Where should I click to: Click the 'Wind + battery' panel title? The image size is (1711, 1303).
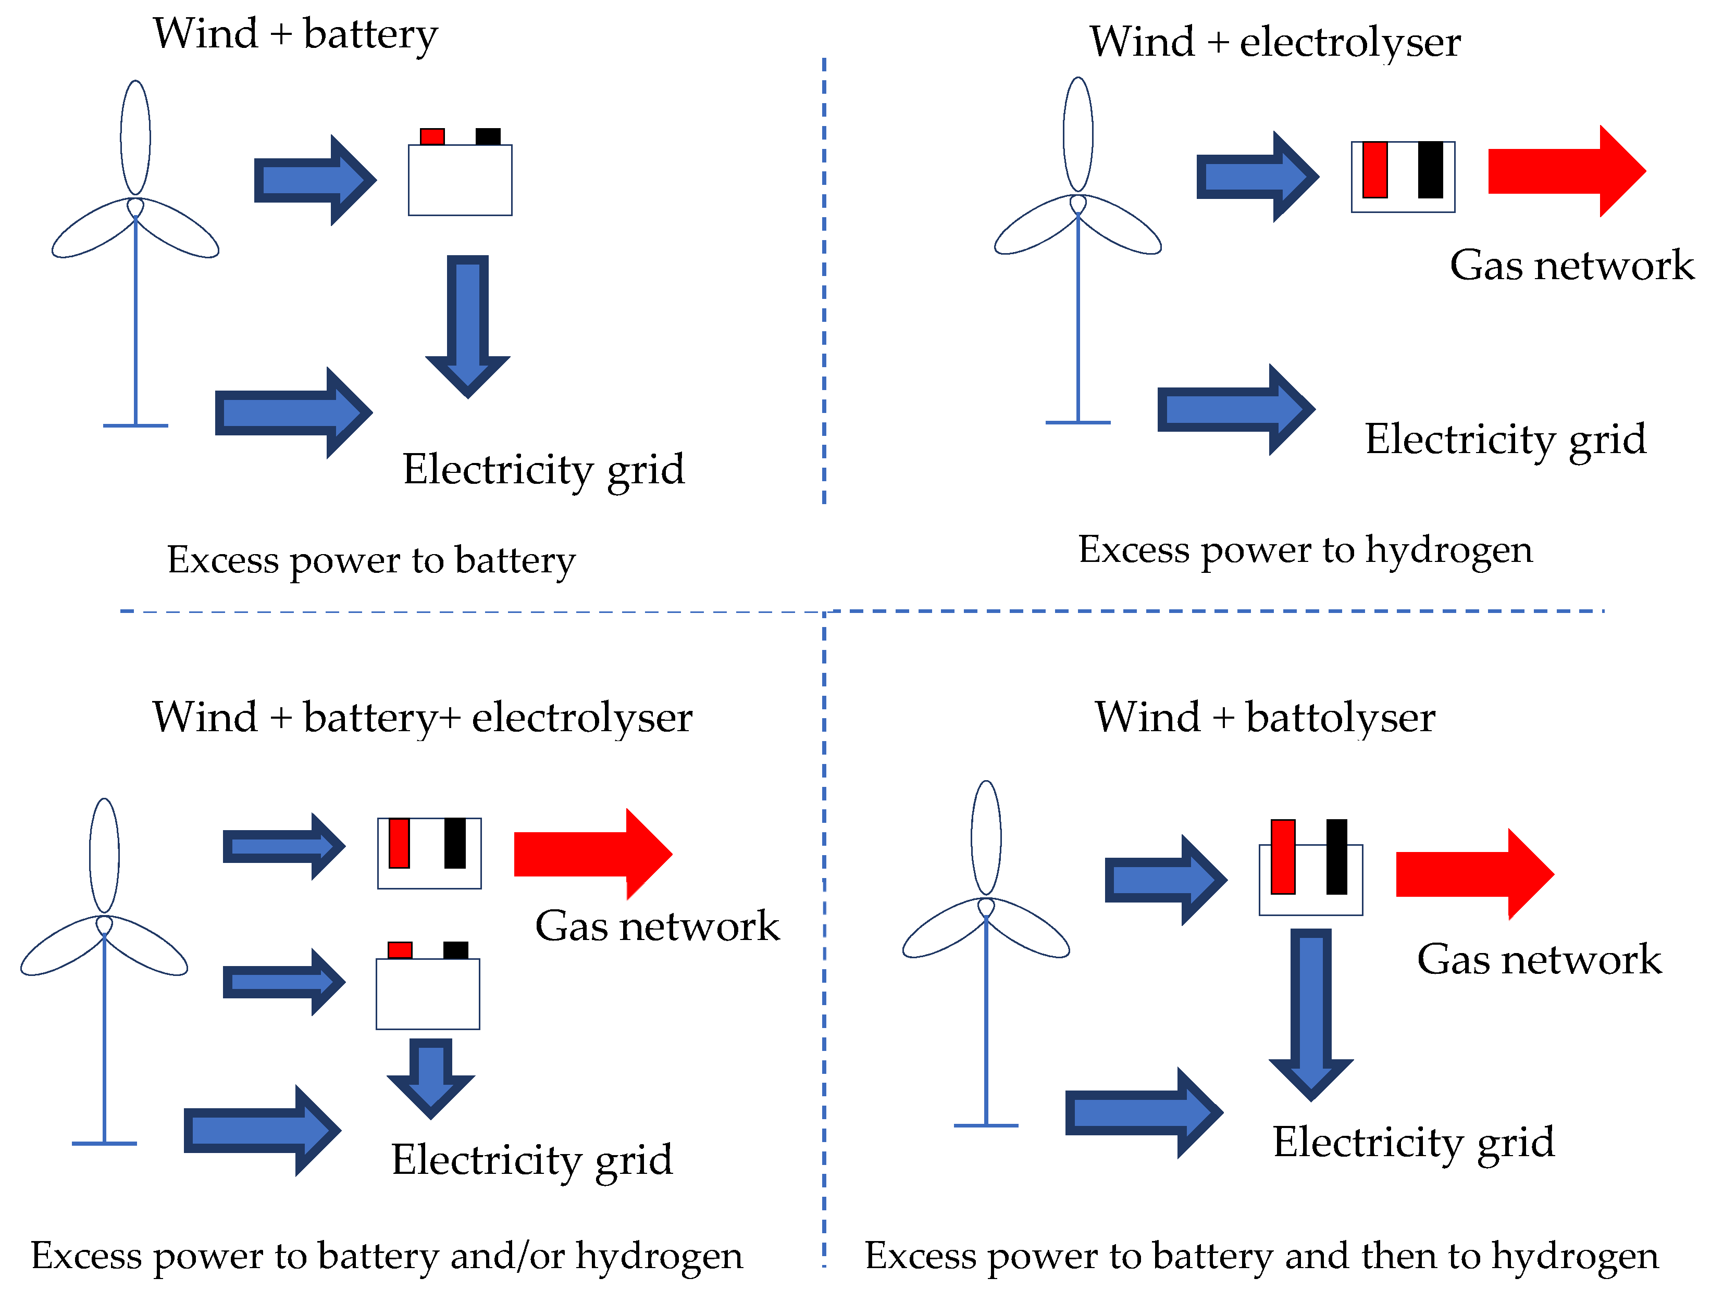click(x=295, y=34)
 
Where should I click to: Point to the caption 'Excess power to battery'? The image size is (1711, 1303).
click(x=371, y=560)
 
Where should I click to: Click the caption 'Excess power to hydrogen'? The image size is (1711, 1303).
click(x=1305, y=550)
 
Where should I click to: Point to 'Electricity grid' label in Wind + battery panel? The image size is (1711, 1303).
click(x=543, y=470)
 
